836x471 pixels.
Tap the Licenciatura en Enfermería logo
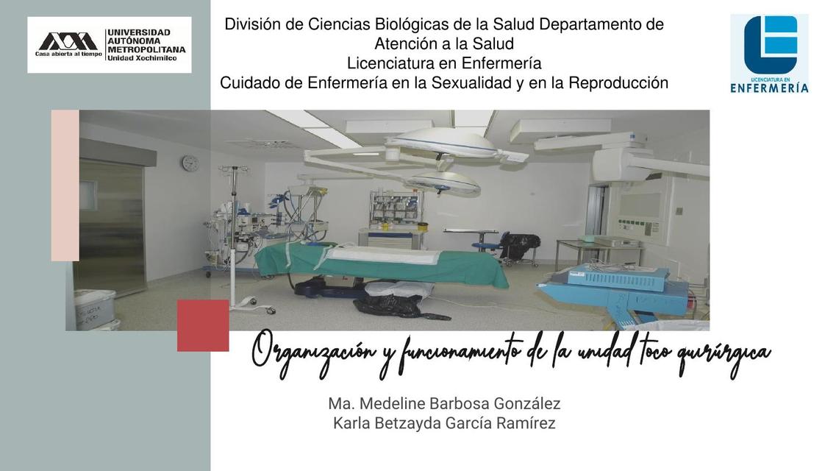click(x=769, y=54)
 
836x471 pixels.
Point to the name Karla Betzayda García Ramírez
click(x=444, y=423)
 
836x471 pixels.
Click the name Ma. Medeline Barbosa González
click(x=444, y=403)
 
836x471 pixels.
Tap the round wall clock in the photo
click(x=190, y=163)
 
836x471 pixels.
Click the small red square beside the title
click(x=203, y=325)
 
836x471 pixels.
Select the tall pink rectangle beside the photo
click(x=65, y=185)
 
